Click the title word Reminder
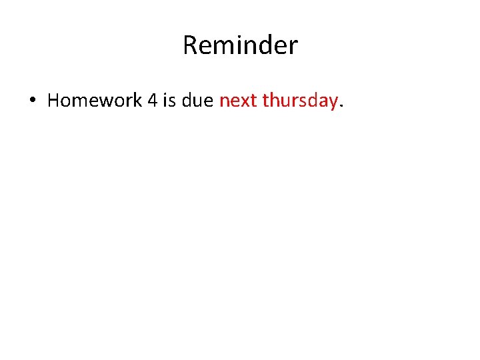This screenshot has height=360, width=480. click(x=240, y=45)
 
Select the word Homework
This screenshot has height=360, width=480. click(x=95, y=101)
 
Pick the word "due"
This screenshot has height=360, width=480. click(x=198, y=101)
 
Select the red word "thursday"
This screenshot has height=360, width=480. click(x=300, y=101)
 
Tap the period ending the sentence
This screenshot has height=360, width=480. click(x=341, y=105)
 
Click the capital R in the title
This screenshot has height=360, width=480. click(x=190, y=45)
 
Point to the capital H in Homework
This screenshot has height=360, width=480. click(x=53, y=101)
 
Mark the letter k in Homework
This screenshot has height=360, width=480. click(x=137, y=101)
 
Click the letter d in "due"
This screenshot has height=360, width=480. click(x=187, y=101)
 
